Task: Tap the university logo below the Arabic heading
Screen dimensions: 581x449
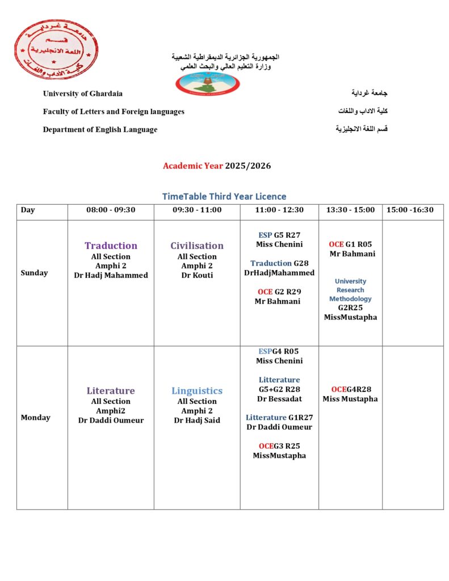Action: click(207, 83)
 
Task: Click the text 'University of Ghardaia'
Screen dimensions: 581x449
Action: click(82, 94)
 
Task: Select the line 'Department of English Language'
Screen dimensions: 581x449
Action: click(100, 129)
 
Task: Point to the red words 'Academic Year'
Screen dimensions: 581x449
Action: click(192, 166)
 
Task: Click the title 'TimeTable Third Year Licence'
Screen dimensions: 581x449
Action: click(224, 196)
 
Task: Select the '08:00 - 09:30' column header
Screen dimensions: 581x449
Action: click(111, 210)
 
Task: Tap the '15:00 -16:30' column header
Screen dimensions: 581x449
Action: click(410, 210)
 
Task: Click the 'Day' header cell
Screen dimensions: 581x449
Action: click(28, 210)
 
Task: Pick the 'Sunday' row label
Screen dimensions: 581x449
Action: click(34, 273)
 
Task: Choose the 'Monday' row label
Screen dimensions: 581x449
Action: click(35, 418)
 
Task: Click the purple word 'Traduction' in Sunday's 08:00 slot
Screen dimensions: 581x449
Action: click(111, 246)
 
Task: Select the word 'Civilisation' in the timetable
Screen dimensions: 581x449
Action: click(197, 246)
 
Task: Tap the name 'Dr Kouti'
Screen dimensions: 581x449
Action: click(197, 275)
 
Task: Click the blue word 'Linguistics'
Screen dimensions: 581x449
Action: click(197, 391)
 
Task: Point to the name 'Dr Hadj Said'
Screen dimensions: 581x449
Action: click(197, 420)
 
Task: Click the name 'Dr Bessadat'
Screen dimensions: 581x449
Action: click(279, 399)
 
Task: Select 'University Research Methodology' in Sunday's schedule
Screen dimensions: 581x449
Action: click(350, 290)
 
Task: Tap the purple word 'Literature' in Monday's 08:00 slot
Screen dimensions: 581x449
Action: click(111, 391)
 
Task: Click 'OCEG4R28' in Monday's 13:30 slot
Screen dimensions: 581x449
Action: click(350, 389)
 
